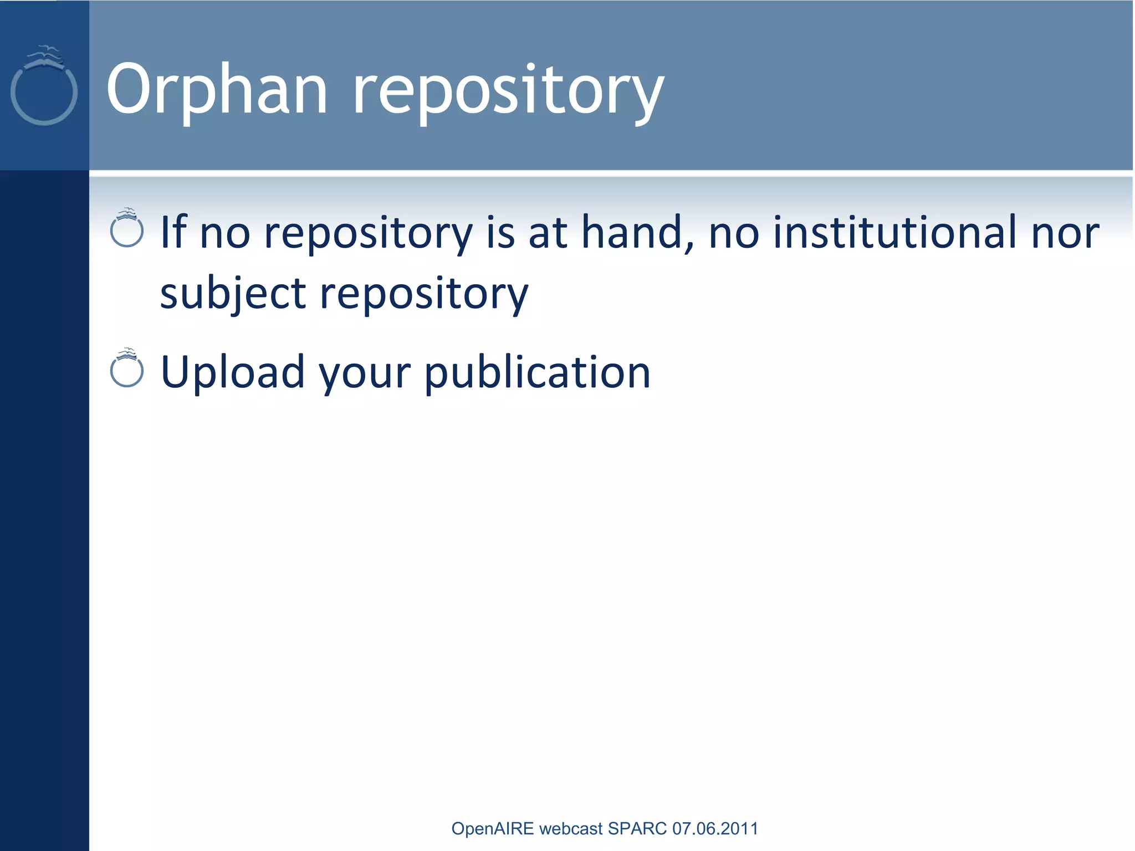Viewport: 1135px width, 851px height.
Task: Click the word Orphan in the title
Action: [217, 90]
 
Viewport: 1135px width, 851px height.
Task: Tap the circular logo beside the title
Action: [44, 89]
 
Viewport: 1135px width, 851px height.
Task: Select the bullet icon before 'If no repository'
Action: [127, 228]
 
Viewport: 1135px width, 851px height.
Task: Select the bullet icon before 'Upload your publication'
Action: [127, 368]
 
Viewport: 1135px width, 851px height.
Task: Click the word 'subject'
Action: [233, 294]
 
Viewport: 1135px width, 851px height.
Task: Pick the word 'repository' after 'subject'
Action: [424, 294]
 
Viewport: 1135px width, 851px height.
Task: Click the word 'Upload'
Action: [233, 372]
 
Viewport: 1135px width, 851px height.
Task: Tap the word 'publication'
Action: [538, 372]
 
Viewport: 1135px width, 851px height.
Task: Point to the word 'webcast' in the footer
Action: [570, 828]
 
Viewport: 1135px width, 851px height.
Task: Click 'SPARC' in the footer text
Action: [637, 828]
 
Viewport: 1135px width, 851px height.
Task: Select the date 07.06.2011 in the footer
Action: [715, 828]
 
